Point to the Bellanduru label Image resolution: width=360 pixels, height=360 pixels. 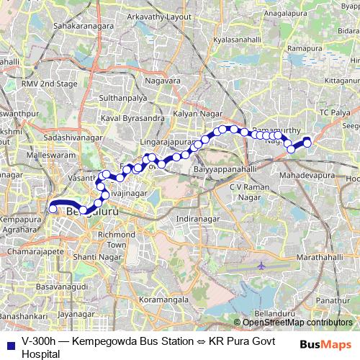(x=274, y=315)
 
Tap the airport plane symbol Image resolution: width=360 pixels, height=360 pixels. (x=261, y=265)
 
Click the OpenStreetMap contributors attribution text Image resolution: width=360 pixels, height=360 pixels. (x=297, y=323)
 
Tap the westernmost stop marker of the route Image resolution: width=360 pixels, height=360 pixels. (x=53, y=210)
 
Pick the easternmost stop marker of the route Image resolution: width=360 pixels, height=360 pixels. (x=307, y=143)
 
